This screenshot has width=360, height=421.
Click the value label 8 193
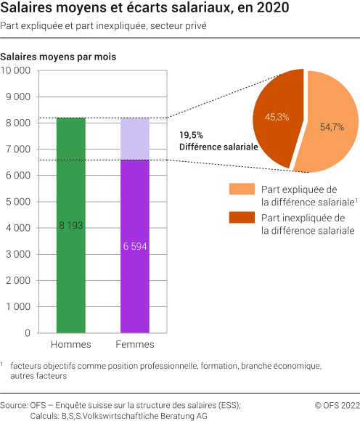[x=70, y=226]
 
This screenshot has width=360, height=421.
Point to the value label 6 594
[x=134, y=246]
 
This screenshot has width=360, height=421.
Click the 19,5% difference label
[x=192, y=135]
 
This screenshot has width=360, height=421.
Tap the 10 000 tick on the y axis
[x=15, y=71]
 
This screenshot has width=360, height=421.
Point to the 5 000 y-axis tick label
[x=17, y=202]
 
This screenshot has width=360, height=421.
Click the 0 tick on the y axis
[x=27, y=333]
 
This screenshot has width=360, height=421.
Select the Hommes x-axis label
[x=70, y=344]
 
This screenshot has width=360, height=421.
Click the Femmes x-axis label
[x=134, y=344]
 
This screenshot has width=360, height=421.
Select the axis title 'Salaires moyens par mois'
[x=59, y=56]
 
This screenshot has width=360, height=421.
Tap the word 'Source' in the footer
[x=15, y=404]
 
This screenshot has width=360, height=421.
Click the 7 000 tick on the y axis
[x=17, y=150]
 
